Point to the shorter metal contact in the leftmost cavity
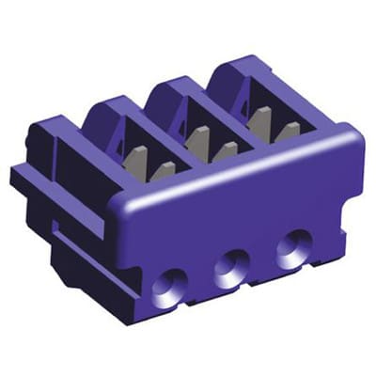pos(162,171)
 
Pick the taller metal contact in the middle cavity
pos(198,139)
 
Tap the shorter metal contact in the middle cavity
pos(226,151)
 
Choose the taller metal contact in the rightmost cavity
pos(263,119)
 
